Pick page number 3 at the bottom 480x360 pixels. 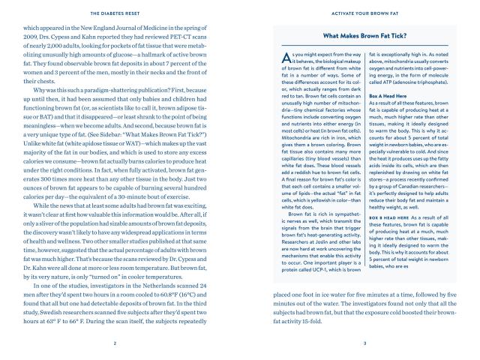(x=364, y=344)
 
